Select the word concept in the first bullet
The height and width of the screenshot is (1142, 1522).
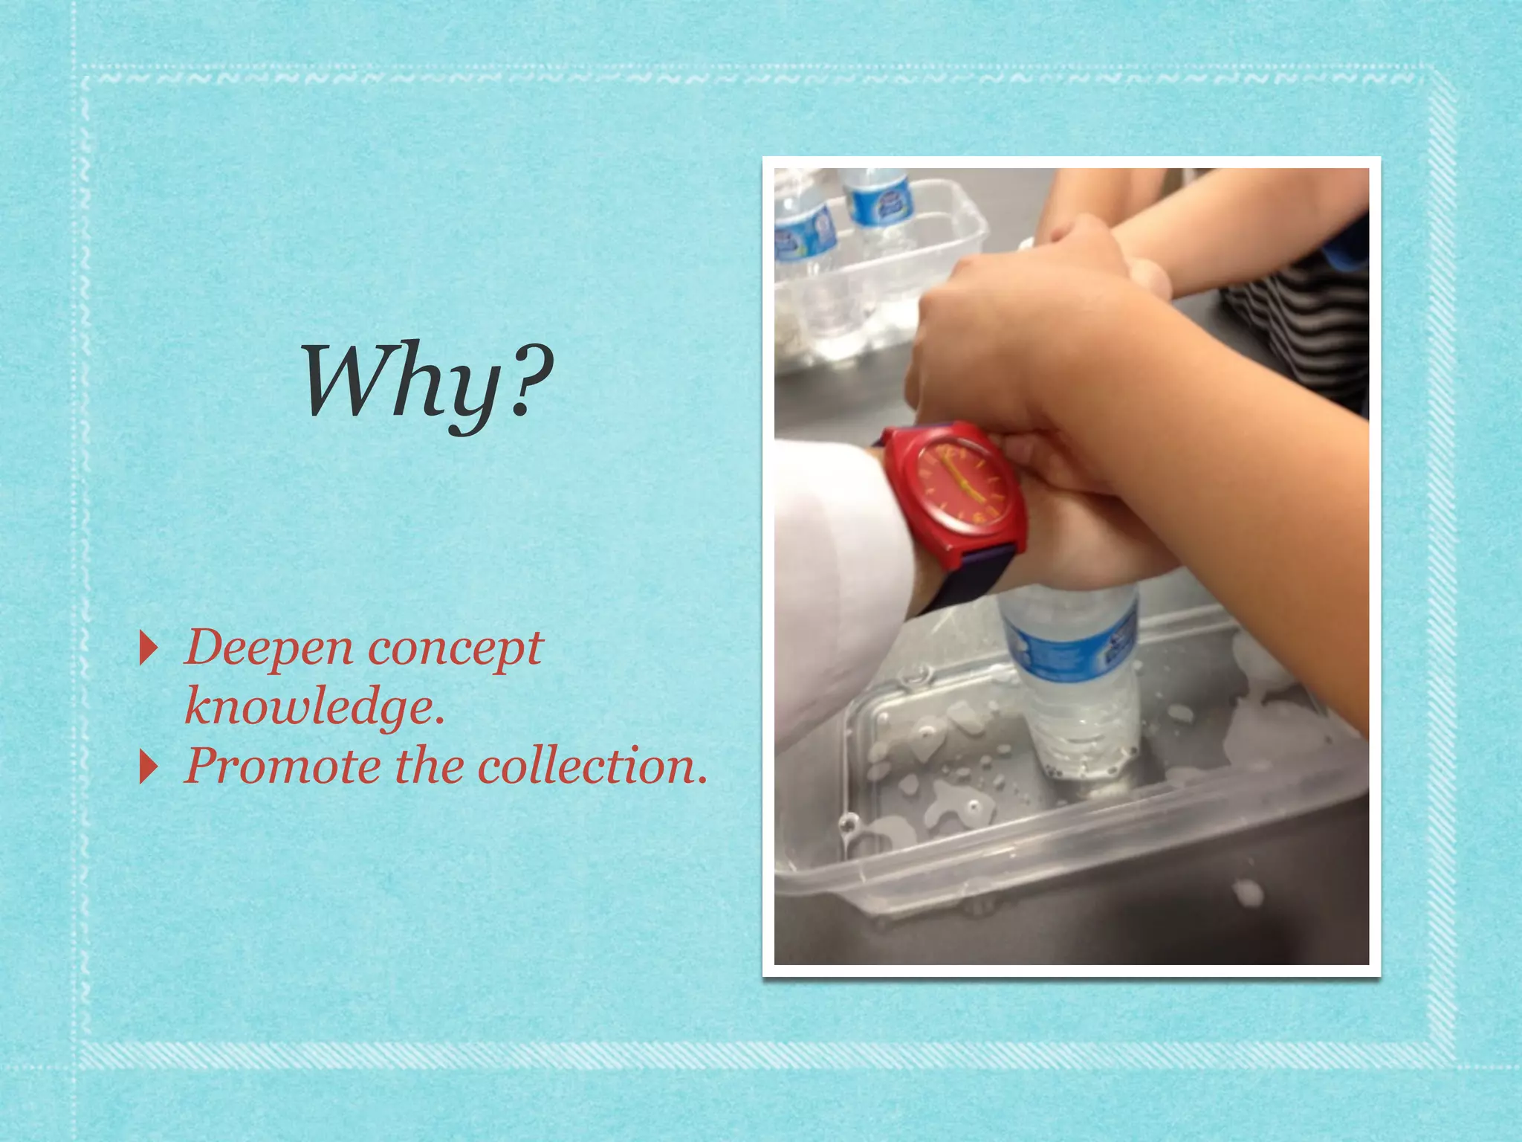click(x=455, y=648)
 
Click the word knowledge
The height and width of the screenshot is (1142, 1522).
click(x=314, y=706)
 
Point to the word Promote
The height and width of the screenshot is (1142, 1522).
click(x=281, y=766)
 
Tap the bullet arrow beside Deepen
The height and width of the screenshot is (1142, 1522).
click(x=149, y=649)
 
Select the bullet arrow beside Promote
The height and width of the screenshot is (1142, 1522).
click(x=149, y=767)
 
